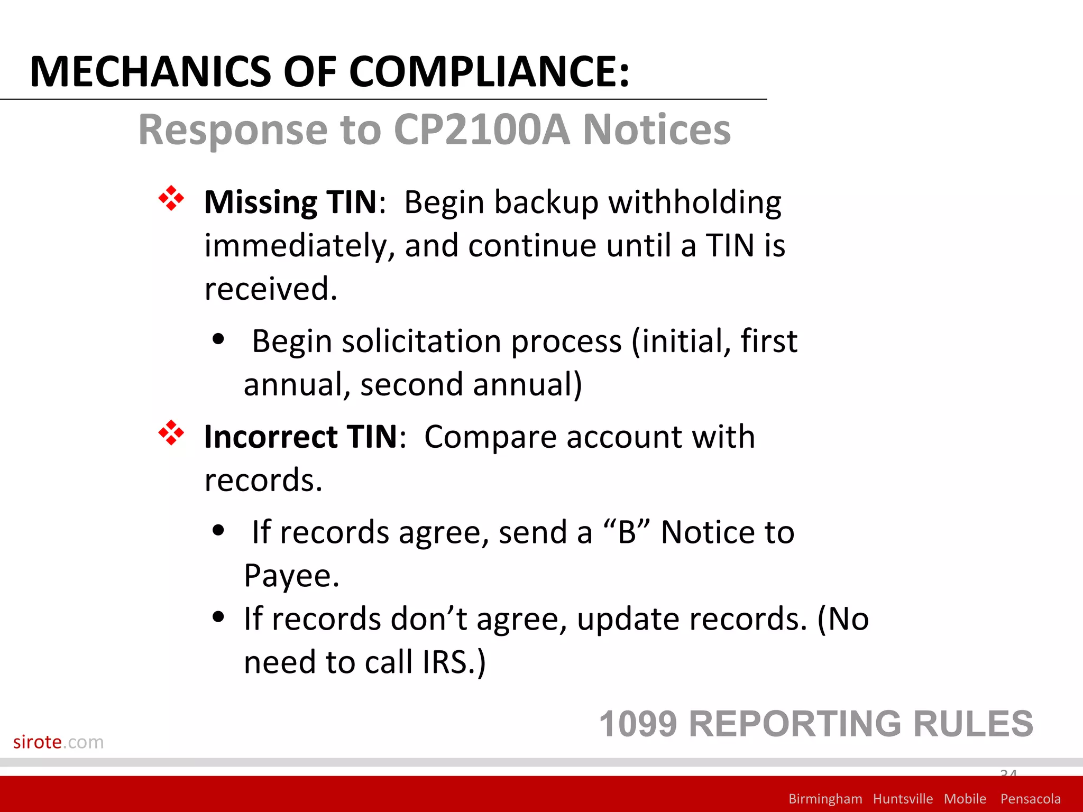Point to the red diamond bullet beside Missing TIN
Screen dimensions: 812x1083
(171, 199)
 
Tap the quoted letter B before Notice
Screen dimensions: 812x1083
(627, 532)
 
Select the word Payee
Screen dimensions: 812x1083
(291, 576)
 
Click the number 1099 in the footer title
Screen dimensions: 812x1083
(638, 724)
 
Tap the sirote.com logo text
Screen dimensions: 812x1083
(58, 742)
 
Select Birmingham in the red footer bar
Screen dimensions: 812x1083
(825, 799)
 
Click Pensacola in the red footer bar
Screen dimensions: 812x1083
(1030, 799)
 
